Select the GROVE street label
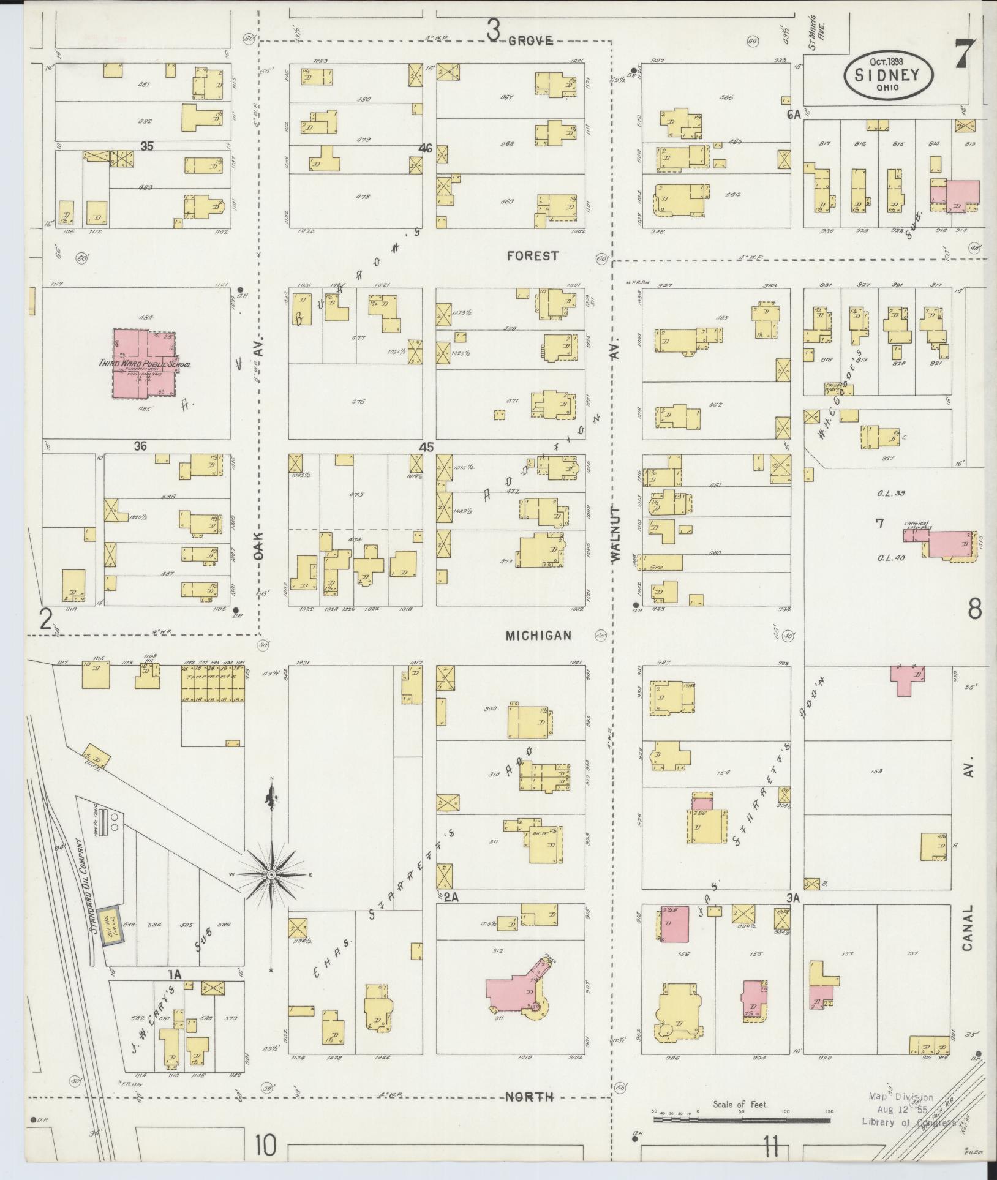tap(530, 41)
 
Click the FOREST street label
tap(533, 256)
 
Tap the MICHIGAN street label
tap(538, 636)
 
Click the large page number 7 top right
tap(963, 53)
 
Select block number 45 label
tap(426, 448)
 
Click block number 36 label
tap(140, 446)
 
